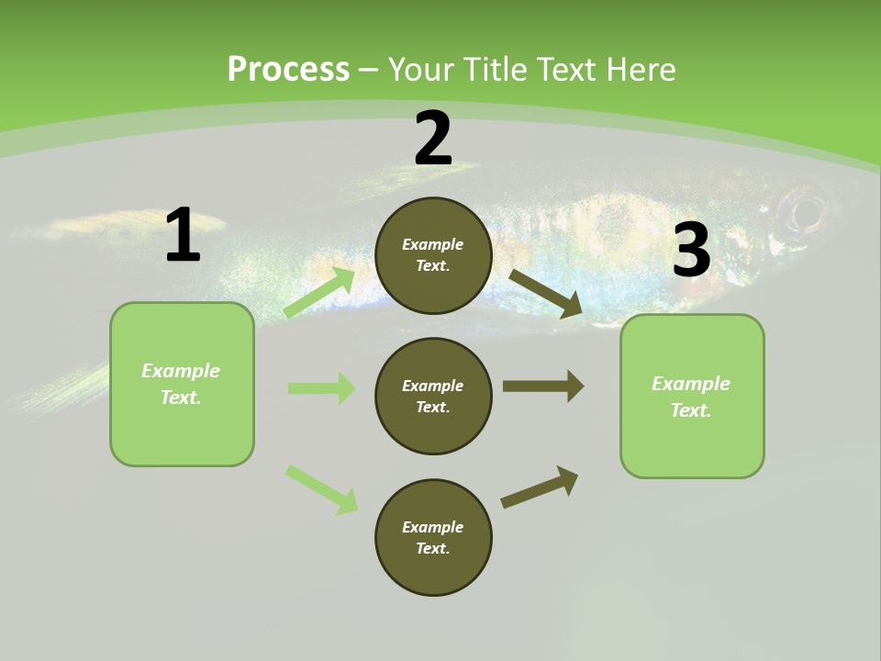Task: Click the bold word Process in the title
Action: (288, 70)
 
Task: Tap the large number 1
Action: (183, 235)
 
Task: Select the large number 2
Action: (433, 138)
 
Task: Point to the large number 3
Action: (691, 250)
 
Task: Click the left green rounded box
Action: (182, 384)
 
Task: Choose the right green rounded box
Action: (692, 397)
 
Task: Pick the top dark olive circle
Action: (433, 255)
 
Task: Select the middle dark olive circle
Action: (433, 396)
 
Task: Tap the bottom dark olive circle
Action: (433, 537)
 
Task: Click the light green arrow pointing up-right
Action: (318, 293)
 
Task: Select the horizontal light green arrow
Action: (321, 388)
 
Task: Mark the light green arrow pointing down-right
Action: (321, 489)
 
